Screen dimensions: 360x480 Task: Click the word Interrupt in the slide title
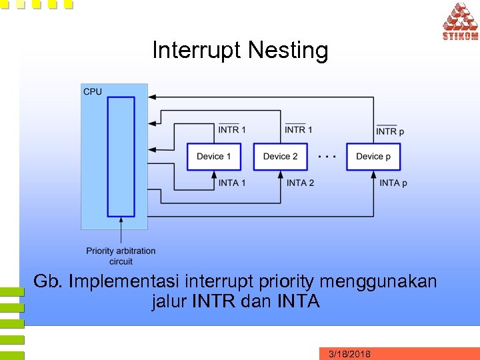click(x=197, y=51)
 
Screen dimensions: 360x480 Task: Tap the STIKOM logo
click(x=459, y=21)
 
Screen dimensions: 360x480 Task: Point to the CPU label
click(x=93, y=91)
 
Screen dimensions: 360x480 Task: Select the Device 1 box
click(x=213, y=157)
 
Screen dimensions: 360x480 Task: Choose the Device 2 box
click(x=280, y=157)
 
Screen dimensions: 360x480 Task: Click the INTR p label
click(x=390, y=131)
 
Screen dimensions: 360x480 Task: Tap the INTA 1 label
click(x=233, y=183)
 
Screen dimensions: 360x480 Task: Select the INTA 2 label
click(x=300, y=183)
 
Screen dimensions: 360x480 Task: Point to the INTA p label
click(x=393, y=183)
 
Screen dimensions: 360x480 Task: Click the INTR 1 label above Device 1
click(x=232, y=129)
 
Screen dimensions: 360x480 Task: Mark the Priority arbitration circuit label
click(x=121, y=255)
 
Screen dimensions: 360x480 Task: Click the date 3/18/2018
click(x=350, y=353)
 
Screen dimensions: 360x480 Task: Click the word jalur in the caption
click(x=169, y=301)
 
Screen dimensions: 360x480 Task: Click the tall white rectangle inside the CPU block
click(x=121, y=157)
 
